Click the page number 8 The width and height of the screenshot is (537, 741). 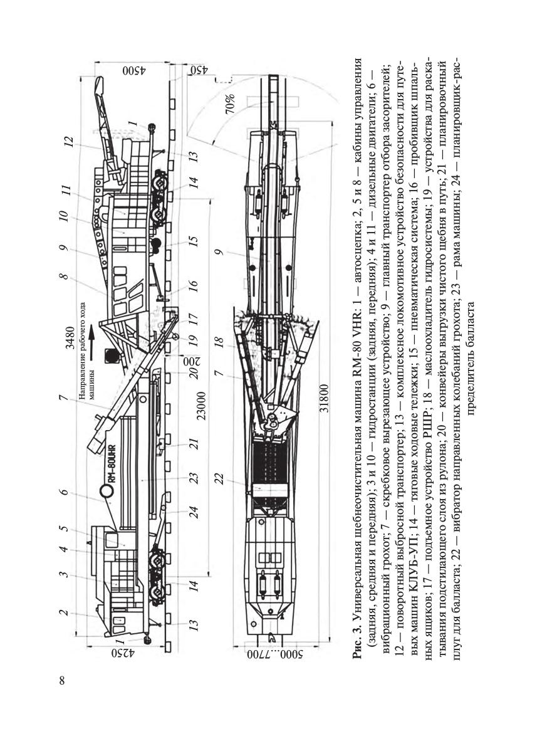point(62,681)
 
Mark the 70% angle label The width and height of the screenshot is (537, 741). point(230,104)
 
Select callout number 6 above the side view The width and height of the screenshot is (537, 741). point(64,492)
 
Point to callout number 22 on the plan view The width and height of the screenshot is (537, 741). point(219,479)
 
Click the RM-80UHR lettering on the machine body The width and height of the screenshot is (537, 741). point(114,461)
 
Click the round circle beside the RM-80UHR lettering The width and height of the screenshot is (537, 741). point(106,492)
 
